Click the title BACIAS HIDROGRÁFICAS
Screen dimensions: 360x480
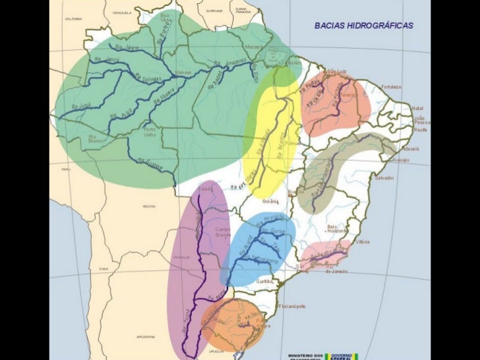363,25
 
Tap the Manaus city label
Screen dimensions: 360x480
183,72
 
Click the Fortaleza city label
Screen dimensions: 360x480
390,87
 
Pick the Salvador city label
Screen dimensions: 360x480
384,178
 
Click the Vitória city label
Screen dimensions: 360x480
363,242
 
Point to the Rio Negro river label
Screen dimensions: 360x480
127,47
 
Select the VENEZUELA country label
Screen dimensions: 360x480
122,13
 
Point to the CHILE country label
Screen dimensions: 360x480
104,269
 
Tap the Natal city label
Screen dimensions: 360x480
417,108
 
